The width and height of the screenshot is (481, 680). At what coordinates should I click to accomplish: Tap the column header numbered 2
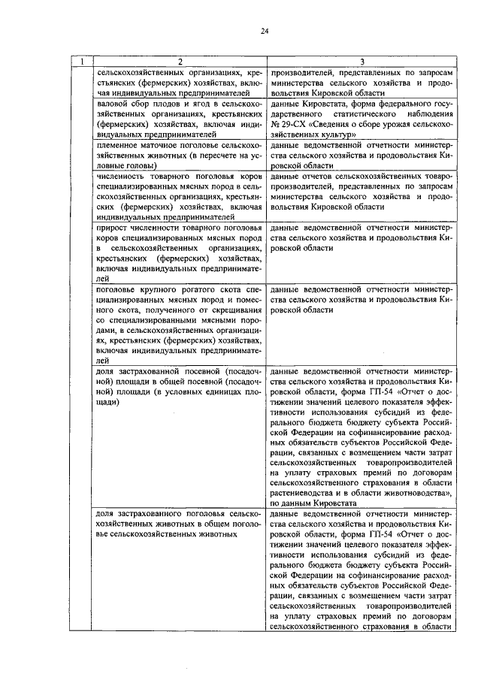pyautogui.click(x=179, y=60)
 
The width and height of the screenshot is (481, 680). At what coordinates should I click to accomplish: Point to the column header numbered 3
pyautogui.click(x=362, y=60)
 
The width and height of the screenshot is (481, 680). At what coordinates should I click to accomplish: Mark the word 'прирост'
pyautogui.click(x=113, y=227)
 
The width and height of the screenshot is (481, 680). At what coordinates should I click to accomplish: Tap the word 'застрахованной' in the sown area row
pyautogui.click(x=154, y=370)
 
